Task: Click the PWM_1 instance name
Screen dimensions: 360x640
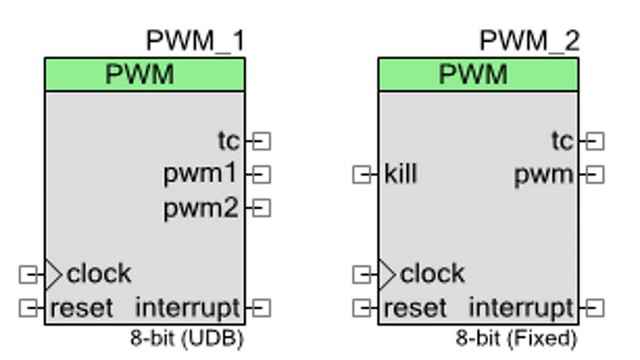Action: [195, 41]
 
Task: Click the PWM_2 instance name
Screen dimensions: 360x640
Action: [529, 41]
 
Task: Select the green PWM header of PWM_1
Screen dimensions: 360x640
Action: [145, 75]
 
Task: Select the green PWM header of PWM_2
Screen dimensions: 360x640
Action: [478, 75]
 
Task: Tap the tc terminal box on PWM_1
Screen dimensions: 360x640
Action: [261, 142]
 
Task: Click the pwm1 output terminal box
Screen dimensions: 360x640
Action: [261, 174]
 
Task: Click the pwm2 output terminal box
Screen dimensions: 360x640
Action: [261, 208]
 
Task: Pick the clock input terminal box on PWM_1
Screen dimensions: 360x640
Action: [28, 275]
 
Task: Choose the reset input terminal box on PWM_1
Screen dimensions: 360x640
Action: [28, 308]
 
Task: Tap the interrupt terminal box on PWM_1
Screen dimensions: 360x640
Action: [261, 308]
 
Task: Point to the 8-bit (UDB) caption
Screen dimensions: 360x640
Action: [187, 339]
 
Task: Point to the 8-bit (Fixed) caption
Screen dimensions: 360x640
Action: [516, 339]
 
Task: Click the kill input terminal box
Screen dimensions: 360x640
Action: [362, 174]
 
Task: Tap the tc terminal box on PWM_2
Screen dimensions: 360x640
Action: [595, 142]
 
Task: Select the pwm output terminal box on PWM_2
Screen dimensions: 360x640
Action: [595, 174]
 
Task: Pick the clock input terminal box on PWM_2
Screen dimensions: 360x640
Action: [362, 275]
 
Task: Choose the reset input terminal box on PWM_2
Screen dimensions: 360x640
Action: [362, 308]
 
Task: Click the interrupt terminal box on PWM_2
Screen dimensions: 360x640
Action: [595, 308]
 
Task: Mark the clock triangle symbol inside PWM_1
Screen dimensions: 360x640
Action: [53, 275]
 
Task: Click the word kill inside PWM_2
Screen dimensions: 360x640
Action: [401, 174]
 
